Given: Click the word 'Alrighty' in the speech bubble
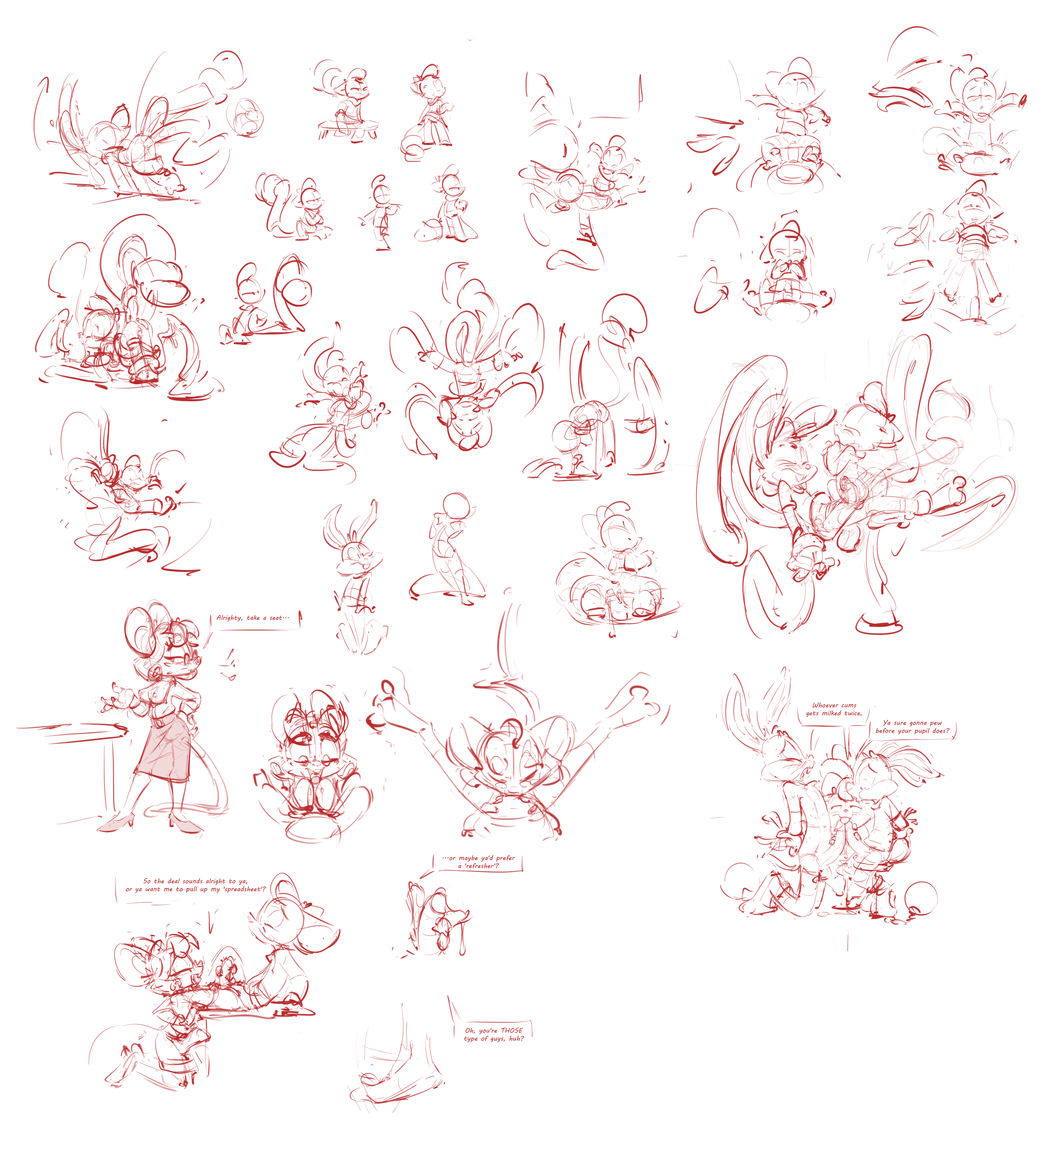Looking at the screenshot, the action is click(x=229, y=618).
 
